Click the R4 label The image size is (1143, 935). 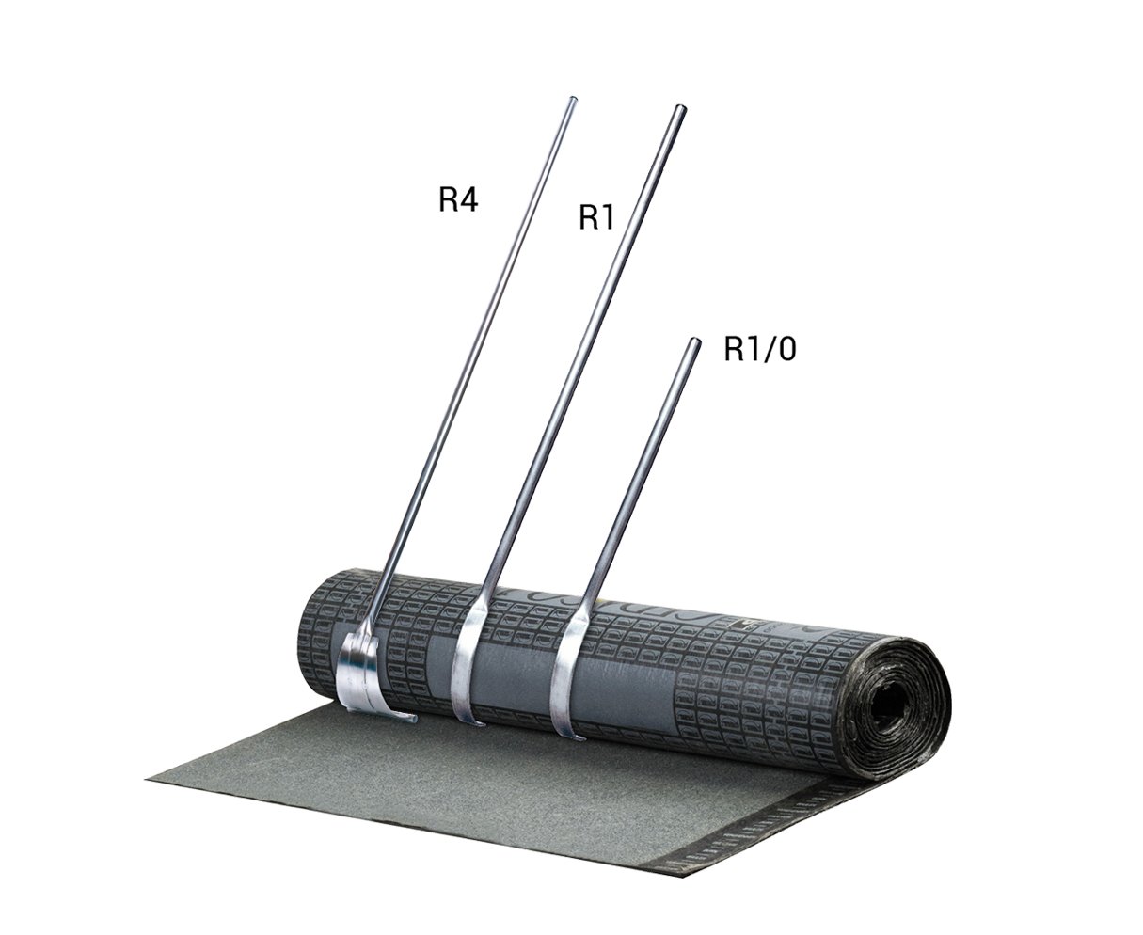(458, 199)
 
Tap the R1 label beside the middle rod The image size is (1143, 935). (596, 217)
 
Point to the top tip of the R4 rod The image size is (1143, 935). (573, 99)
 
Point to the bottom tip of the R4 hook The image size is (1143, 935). (414, 720)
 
